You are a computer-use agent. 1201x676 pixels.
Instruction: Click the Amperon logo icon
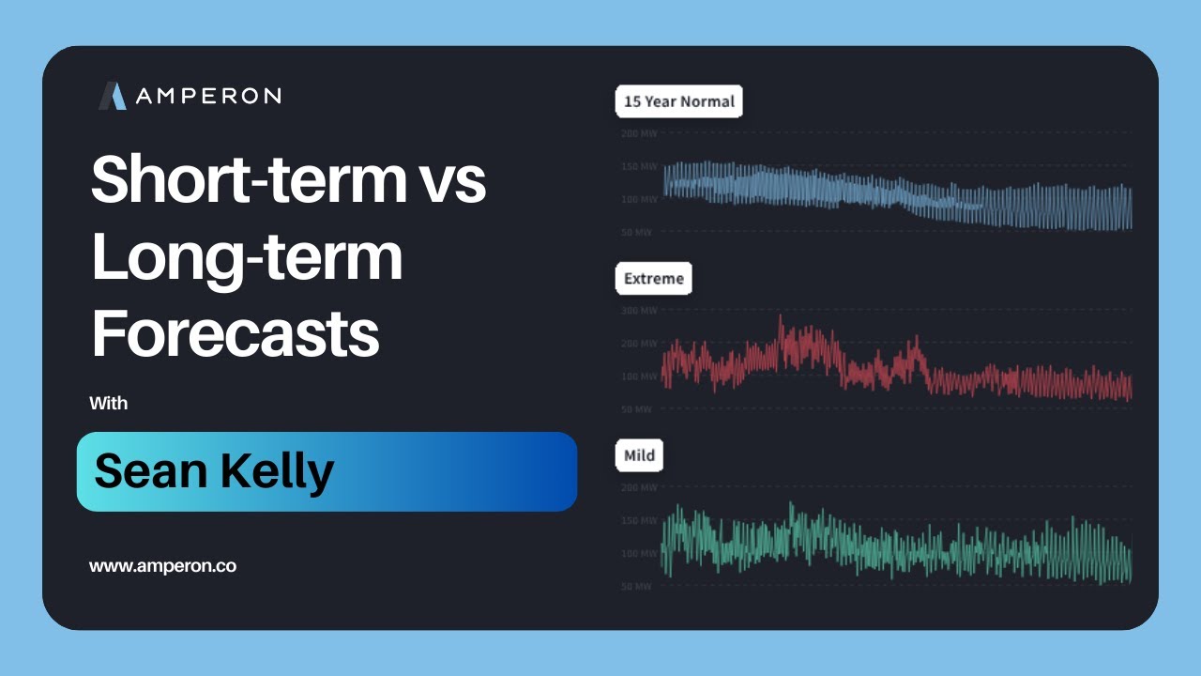click(x=113, y=96)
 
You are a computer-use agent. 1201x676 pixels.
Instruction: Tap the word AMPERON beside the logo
click(x=207, y=96)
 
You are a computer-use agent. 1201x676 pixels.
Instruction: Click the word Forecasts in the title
click(x=235, y=333)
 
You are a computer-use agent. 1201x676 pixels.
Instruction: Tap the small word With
click(x=108, y=404)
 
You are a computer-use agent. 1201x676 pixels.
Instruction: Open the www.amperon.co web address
click(x=162, y=566)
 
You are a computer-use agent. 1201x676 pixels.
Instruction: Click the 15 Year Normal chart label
click(x=678, y=101)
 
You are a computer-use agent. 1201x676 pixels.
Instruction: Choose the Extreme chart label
click(x=653, y=279)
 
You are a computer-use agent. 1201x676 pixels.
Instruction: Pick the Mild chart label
click(x=639, y=456)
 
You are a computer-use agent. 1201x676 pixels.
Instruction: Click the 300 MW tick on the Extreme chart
click(x=639, y=311)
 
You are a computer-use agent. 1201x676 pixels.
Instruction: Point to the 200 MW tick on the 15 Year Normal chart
click(x=639, y=133)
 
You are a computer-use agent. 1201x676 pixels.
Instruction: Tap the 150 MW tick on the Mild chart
click(x=639, y=521)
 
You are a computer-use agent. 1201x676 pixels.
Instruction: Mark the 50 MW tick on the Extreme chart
click(x=637, y=409)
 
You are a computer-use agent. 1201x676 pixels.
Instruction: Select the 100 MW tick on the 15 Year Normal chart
click(x=639, y=199)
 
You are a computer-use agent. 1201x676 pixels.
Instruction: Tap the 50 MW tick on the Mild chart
click(x=637, y=587)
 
